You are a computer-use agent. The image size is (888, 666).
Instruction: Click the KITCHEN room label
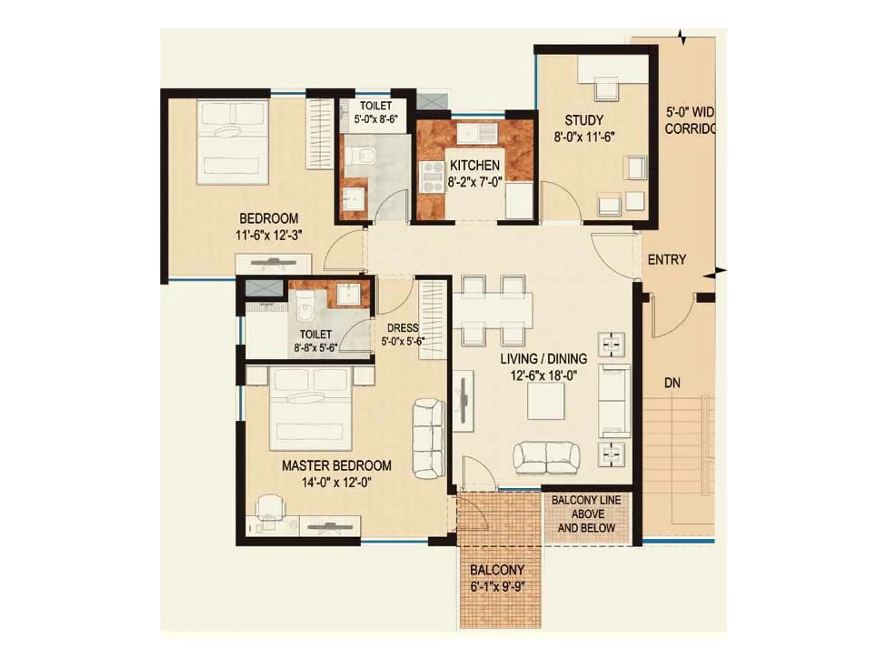coord(475,165)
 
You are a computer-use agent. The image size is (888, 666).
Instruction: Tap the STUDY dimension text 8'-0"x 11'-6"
coord(584,137)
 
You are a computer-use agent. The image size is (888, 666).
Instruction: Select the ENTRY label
coord(667,260)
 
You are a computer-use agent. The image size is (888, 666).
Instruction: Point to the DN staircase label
coord(672,383)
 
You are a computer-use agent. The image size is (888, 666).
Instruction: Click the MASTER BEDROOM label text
coord(336,466)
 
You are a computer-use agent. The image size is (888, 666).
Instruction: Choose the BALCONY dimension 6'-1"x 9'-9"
coord(497,587)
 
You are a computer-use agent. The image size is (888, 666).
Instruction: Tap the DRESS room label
coord(402,328)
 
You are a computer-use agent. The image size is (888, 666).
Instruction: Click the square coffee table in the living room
coord(546,401)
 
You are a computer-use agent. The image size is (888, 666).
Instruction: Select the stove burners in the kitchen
coord(431,176)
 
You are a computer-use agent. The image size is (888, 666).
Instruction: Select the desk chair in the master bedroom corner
coord(271,506)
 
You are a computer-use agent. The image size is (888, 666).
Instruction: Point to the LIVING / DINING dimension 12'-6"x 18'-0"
coord(543,376)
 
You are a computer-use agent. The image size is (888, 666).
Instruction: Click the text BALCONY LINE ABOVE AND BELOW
coord(586,514)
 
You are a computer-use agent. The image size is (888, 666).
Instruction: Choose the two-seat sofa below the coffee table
coord(546,457)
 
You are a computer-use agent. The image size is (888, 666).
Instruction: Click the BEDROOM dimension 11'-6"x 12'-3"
coord(269,235)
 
